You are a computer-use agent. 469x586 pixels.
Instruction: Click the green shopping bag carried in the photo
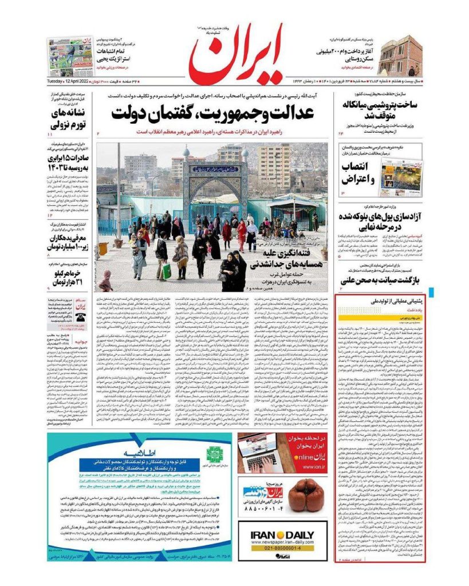click(166, 271)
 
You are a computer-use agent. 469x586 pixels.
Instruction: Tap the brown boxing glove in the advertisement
click(306, 495)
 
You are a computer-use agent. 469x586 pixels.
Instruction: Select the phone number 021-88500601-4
click(282, 548)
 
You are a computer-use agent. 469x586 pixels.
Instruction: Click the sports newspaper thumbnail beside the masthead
click(69, 57)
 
